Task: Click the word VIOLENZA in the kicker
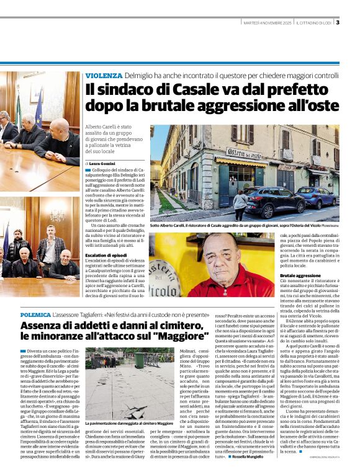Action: coord(104,75)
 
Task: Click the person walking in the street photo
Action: coord(240,205)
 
